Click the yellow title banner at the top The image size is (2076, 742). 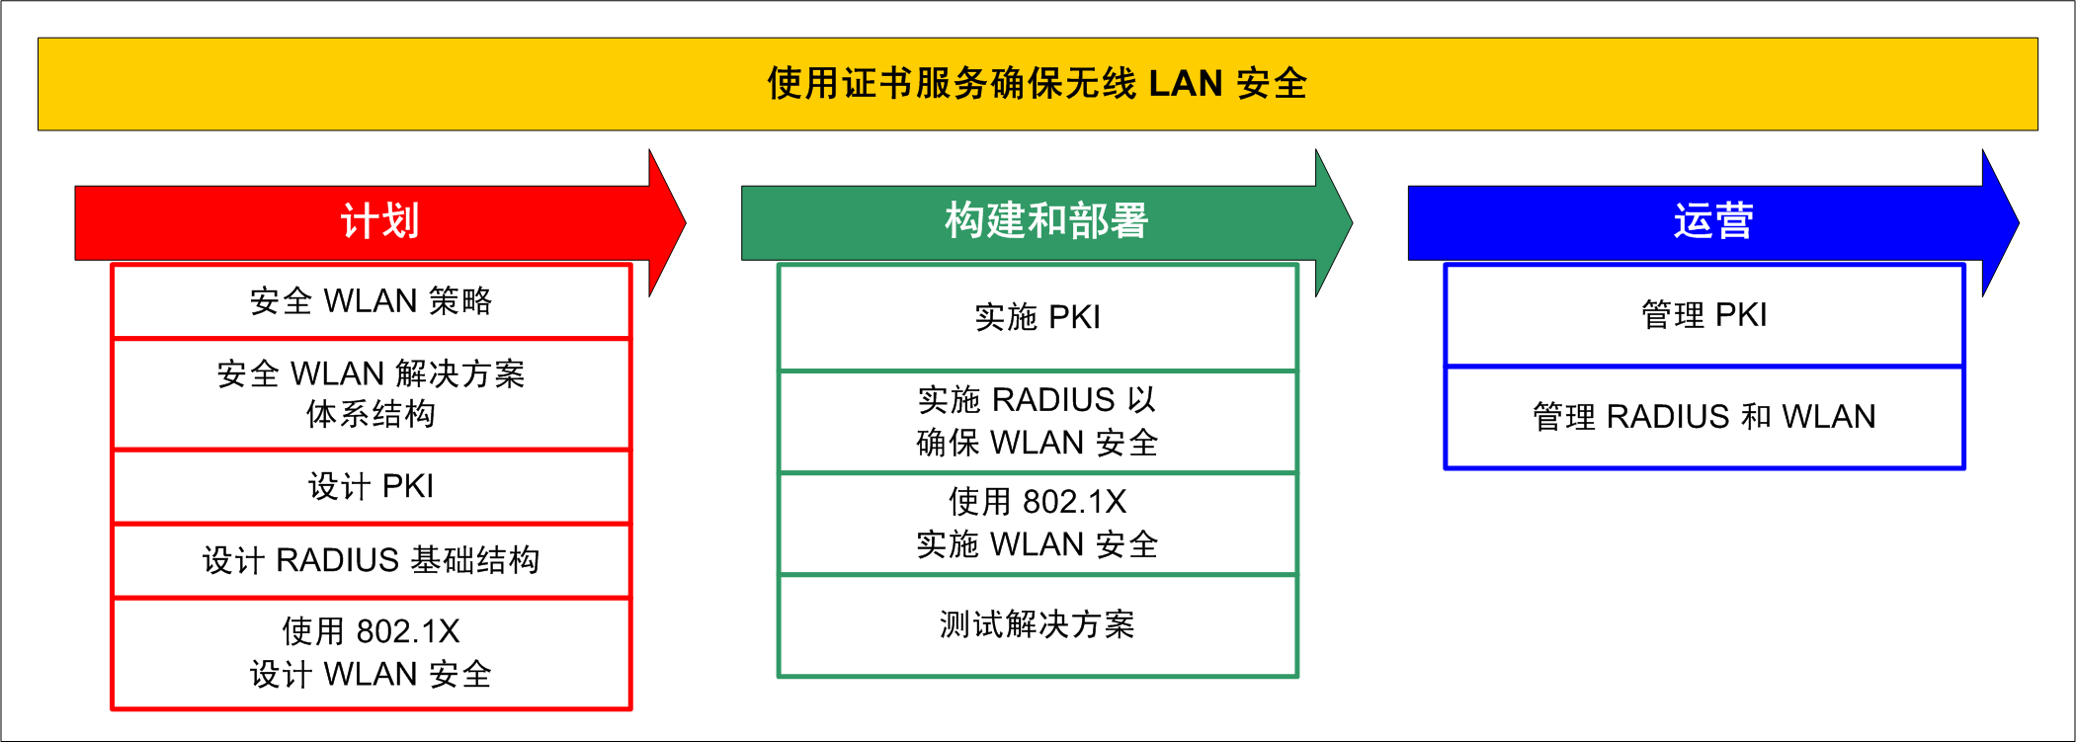tap(1038, 84)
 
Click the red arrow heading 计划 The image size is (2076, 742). tap(379, 221)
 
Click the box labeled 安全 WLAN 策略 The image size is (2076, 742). tap(371, 300)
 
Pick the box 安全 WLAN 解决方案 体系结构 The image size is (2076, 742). tap(371, 393)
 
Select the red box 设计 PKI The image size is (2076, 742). tap(371, 486)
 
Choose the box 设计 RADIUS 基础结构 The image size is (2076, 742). tap(371, 560)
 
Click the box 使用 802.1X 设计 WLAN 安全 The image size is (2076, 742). tap(371, 652)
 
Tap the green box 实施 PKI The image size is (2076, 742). tap(1038, 317)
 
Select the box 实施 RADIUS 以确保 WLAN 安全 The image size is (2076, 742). tap(1038, 421)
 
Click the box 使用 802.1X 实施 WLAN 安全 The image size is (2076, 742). tap(1038, 523)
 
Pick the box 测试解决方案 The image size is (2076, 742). tap(1038, 624)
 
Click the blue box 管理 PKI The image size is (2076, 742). tap(1703, 315)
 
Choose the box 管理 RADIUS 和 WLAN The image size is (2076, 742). tap(1703, 417)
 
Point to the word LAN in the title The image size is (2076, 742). tap(1186, 84)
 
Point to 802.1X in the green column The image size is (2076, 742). tap(1074, 502)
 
